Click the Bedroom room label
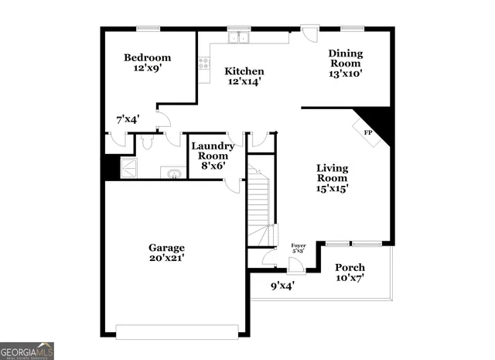[x=147, y=58]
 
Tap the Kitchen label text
[x=244, y=71]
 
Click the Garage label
[x=166, y=248]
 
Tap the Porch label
[x=350, y=268]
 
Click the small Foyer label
[x=299, y=246]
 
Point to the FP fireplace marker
[x=369, y=132]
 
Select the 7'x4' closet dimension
[x=128, y=119]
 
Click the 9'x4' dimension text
[x=282, y=285]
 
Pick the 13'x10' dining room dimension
[x=346, y=74]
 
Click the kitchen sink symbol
[x=238, y=36]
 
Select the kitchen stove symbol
[x=204, y=64]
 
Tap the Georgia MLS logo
[x=27, y=350]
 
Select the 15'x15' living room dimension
[x=332, y=187]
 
